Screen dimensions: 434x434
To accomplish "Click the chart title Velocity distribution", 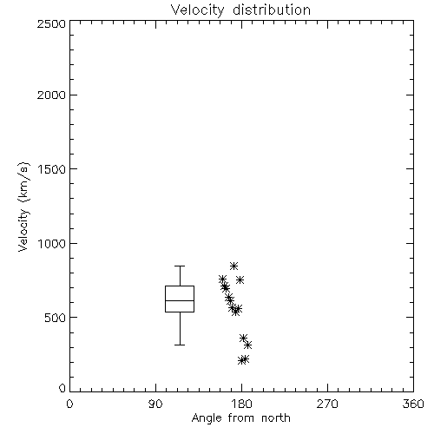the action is (x=240, y=10).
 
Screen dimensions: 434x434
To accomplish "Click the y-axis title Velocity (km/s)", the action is (x=23, y=207).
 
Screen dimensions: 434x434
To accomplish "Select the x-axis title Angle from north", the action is (x=240, y=418).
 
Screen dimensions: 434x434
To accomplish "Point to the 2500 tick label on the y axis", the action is (x=51, y=23).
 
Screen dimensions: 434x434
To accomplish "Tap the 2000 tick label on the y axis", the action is (x=51, y=95).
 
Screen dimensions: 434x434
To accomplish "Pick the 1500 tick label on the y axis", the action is (x=52, y=169).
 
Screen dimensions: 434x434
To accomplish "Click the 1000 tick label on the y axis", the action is (x=52, y=244).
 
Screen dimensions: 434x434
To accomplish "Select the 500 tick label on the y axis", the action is (x=56, y=318).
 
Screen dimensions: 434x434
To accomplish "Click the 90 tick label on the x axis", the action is (x=155, y=404).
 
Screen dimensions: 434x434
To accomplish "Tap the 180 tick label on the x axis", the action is (x=241, y=404).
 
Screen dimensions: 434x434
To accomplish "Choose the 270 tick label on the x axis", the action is (x=327, y=404).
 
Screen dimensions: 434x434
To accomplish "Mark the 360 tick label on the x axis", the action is (x=413, y=404).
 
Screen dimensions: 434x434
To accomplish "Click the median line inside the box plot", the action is (x=180, y=300).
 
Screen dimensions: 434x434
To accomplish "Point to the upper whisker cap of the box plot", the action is (x=180, y=266).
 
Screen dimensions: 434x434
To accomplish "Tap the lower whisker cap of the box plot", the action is (x=180, y=345).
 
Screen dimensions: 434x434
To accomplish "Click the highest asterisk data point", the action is (x=233, y=266).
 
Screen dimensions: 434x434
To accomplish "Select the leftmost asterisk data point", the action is (x=222, y=279).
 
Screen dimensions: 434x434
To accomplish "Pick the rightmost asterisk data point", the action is (x=247, y=345).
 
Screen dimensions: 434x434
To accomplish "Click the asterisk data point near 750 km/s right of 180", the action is (x=240, y=279).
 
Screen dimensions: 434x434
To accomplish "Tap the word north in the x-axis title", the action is (x=276, y=418).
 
